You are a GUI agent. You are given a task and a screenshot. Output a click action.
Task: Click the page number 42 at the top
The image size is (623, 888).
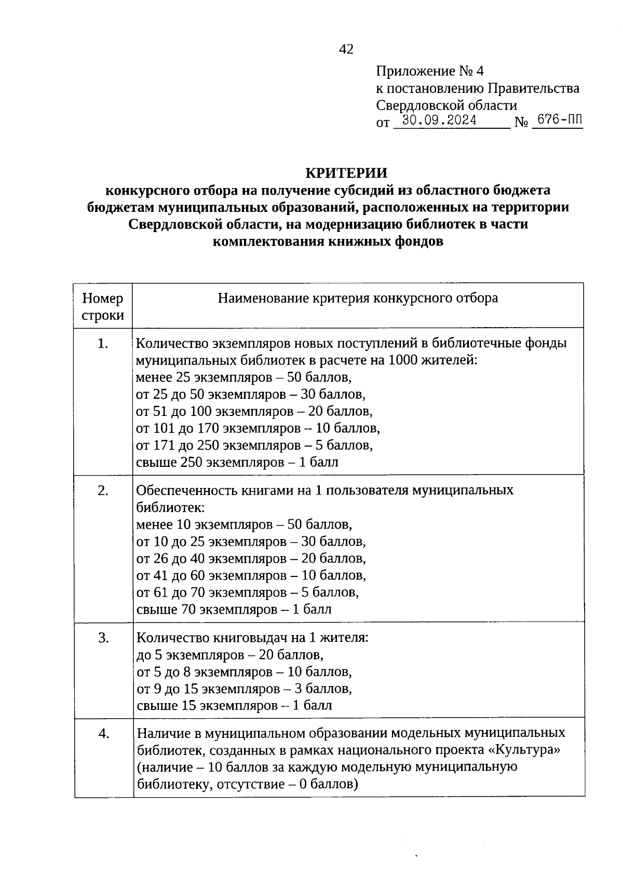346,49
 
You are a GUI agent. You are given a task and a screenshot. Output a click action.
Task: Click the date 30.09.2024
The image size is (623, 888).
440,120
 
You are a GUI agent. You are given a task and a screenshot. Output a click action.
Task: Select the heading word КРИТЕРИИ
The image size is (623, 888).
346,172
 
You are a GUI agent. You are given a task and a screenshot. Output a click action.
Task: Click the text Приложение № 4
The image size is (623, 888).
429,71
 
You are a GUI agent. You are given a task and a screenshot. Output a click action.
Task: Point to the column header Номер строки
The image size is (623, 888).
103,306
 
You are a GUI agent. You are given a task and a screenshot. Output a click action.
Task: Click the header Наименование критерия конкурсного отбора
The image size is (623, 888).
358,298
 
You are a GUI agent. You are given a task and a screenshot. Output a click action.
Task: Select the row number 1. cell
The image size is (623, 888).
103,344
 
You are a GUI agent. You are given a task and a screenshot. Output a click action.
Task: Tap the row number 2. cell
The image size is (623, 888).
103,491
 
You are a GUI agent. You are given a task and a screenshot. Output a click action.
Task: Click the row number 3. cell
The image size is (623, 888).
103,638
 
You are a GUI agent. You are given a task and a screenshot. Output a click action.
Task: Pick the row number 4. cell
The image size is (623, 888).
103,733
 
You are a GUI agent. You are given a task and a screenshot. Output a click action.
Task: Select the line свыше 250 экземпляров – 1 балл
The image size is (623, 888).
237,462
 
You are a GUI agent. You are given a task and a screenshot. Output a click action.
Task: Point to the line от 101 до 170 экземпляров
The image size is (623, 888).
258,428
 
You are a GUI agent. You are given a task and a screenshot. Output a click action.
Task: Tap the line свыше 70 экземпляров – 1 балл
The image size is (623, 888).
234,609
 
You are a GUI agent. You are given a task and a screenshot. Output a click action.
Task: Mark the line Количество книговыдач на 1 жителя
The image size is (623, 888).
252,638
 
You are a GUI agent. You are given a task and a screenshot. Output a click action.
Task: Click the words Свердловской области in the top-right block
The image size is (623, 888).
446,105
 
